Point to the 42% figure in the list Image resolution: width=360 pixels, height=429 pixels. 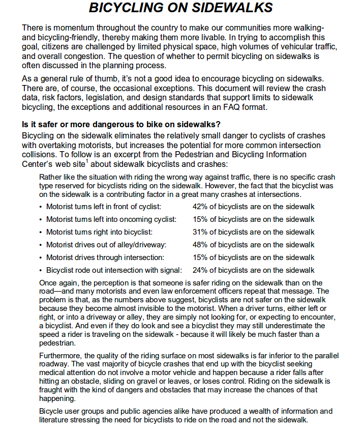tap(200, 207)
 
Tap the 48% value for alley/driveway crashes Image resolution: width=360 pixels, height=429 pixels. tap(200, 245)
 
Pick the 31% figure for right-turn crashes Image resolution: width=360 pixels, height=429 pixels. tap(200, 232)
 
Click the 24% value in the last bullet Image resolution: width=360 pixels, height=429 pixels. tap(200, 270)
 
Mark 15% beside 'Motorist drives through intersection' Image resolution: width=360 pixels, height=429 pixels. tap(200, 258)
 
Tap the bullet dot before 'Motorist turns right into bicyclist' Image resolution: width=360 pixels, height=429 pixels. tap(41, 232)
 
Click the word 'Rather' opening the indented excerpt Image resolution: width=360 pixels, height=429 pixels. tap(49, 177)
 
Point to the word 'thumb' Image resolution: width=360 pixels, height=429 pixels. tap(105, 79)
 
